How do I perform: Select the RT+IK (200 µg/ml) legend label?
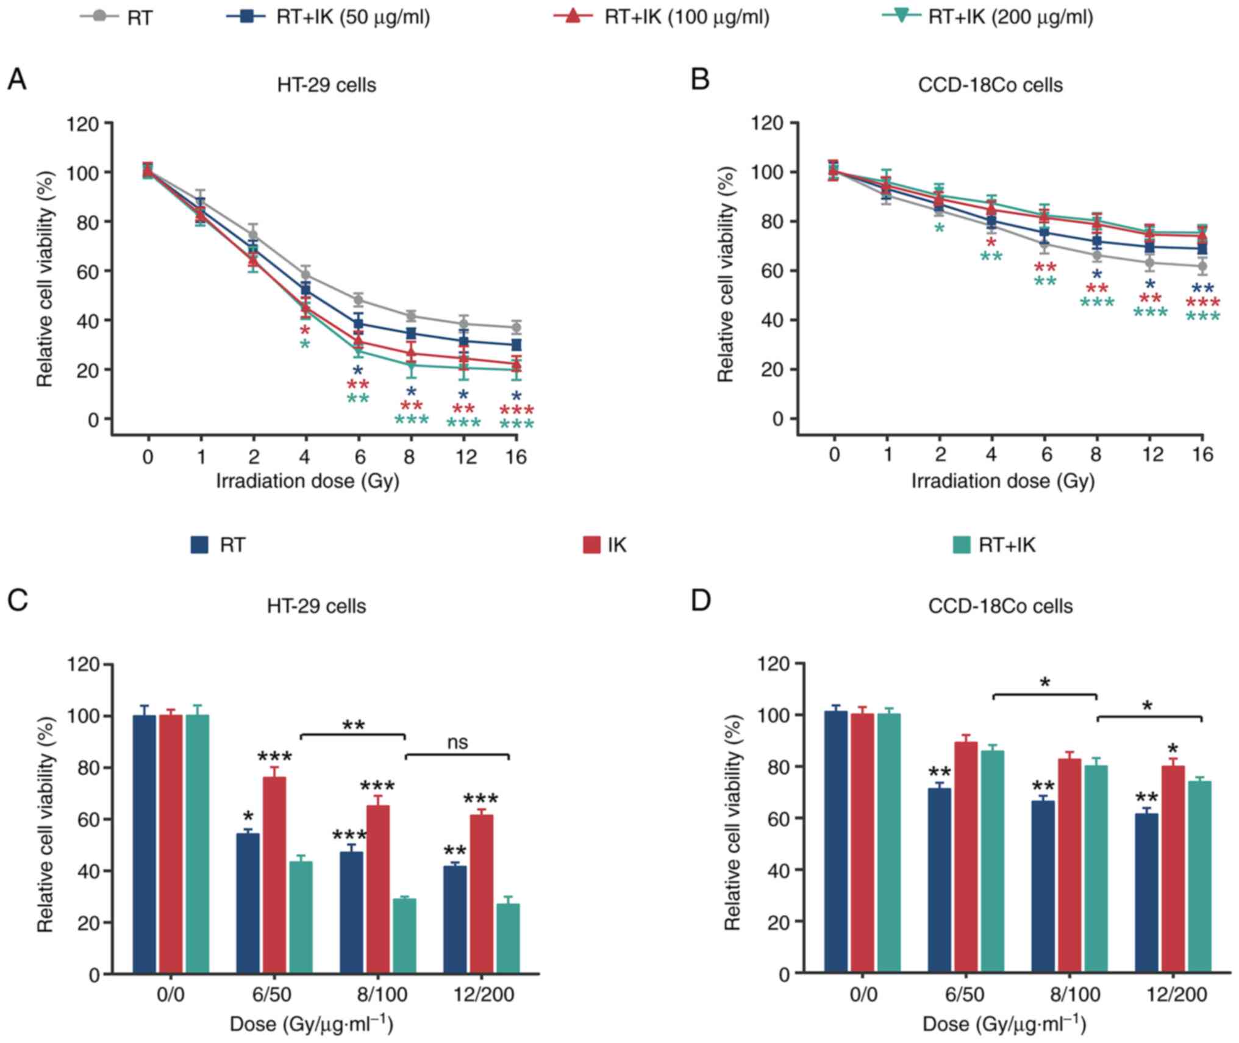click(x=1010, y=16)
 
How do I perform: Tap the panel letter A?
click(x=16, y=80)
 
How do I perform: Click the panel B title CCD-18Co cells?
click(x=990, y=85)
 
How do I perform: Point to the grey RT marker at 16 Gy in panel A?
click(x=516, y=328)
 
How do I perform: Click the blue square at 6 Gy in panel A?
click(x=359, y=324)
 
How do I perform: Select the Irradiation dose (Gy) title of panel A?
click(x=308, y=481)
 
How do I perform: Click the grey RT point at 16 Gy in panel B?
click(x=1202, y=267)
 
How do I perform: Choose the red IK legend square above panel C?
click(x=591, y=545)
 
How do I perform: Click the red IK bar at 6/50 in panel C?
click(x=274, y=875)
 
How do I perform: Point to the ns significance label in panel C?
click(x=457, y=742)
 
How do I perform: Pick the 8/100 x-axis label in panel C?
click(x=382, y=995)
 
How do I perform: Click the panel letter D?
click(x=701, y=601)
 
